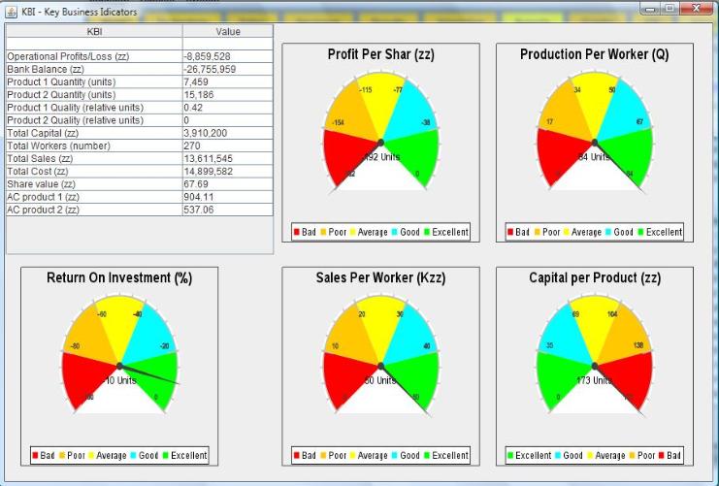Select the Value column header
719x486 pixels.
pyautogui.click(x=227, y=32)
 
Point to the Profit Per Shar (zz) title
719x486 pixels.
pyautogui.click(x=380, y=55)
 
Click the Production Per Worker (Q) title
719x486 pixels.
pyautogui.click(x=594, y=55)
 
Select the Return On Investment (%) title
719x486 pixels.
pyautogui.click(x=118, y=278)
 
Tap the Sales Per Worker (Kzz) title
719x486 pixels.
pyautogui.click(x=380, y=278)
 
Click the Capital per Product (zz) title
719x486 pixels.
pyautogui.click(x=594, y=278)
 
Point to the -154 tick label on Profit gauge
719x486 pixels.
pyautogui.click(x=339, y=123)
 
